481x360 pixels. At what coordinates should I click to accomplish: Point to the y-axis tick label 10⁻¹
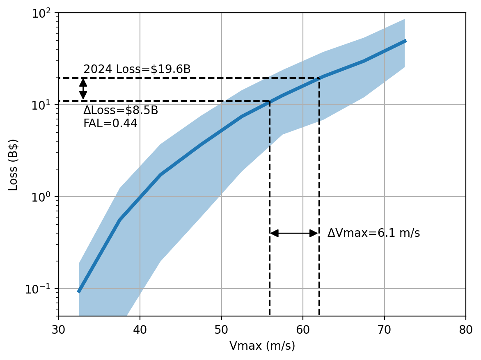point(42,289)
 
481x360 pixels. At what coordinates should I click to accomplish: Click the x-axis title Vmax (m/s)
point(262,346)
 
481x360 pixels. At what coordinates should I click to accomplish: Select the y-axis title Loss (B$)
point(13,165)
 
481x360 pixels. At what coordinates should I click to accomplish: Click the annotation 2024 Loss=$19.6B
point(137,69)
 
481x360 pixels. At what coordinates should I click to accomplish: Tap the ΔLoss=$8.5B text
point(121,111)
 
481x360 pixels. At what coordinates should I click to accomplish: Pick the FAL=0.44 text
point(110,124)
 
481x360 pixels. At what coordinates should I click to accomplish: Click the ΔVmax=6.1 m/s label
point(373,233)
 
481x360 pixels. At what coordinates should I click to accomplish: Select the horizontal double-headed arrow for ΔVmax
point(294,233)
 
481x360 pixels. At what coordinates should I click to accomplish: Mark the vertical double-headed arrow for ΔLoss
point(83,89)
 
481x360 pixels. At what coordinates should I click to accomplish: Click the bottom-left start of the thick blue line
point(79,291)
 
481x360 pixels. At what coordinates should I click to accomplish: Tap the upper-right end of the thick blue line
point(405,41)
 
